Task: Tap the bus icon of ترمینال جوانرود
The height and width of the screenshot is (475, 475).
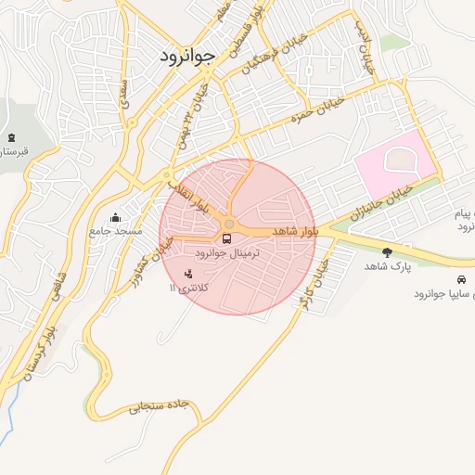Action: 228,238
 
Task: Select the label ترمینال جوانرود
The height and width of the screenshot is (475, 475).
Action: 228,253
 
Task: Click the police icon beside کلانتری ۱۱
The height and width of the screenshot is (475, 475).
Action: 189,275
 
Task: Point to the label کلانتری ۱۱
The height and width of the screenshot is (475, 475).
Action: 189,289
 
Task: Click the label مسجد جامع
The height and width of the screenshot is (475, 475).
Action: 115,229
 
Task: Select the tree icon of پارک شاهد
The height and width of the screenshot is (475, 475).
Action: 387,251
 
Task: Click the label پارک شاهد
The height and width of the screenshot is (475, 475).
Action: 387,266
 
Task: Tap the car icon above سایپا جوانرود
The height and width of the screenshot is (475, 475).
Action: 461,279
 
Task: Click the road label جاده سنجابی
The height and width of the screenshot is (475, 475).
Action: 163,405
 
